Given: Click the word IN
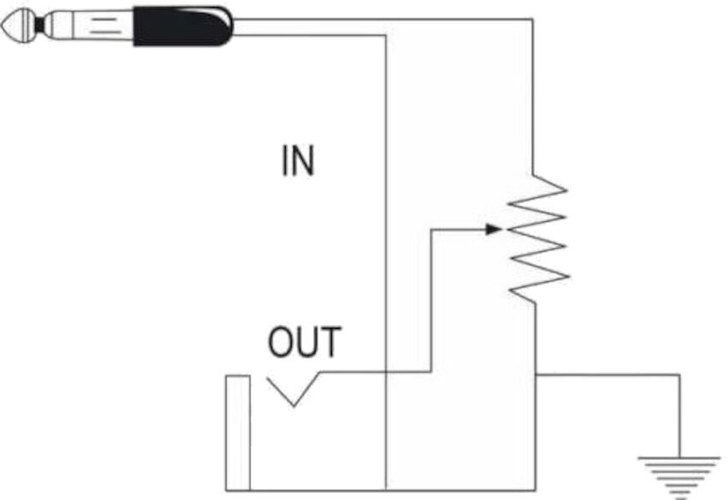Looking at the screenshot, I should [x=298, y=161].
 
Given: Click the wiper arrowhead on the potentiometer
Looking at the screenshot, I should [x=494, y=229].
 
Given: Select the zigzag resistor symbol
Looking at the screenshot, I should [x=538, y=237].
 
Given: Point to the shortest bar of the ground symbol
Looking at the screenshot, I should [x=680, y=495].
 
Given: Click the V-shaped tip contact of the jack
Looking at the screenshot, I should [x=293, y=396].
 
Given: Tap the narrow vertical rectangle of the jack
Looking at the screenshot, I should [x=238, y=432].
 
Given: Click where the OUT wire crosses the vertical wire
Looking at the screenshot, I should [x=387, y=373].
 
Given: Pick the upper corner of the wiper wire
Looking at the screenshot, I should [x=430, y=229].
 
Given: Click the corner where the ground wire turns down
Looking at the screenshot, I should [x=680, y=374].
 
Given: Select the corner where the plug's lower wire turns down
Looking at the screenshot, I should [x=387, y=35].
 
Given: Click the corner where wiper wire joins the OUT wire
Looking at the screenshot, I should [x=430, y=373].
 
